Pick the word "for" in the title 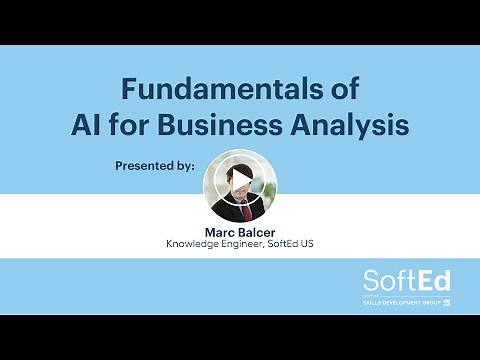coord(153,126)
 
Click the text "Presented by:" coord(154,166)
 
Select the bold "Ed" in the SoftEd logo coord(428,281)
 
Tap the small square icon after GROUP coord(446,302)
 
